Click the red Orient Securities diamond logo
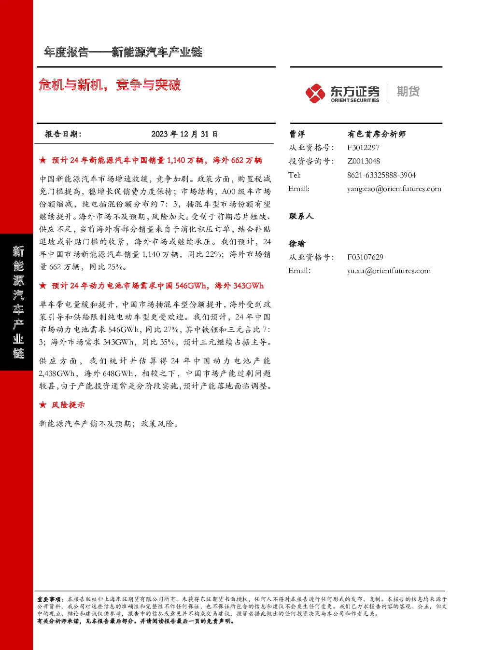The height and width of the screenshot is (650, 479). (x=315, y=94)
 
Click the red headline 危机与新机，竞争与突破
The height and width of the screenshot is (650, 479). (x=110, y=85)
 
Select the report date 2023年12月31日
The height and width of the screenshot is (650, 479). (x=184, y=134)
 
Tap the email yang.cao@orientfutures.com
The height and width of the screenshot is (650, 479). (x=394, y=189)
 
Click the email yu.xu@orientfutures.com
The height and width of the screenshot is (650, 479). (x=389, y=271)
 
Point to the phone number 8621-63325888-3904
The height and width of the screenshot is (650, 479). (x=381, y=175)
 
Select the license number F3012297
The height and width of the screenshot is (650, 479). (x=363, y=148)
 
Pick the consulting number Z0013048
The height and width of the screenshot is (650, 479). (x=364, y=161)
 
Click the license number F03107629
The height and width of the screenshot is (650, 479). (x=365, y=257)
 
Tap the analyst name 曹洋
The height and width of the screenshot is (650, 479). (x=297, y=134)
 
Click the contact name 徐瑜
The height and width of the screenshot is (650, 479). (x=297, y=244)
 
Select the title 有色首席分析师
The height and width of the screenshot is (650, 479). (x=377, y=134)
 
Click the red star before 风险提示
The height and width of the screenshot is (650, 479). (x=42, y=405)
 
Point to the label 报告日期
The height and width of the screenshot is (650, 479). (x=63, y=134)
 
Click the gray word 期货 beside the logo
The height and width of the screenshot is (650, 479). (x=408, y=91)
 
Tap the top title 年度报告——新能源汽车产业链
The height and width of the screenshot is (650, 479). (x=123, y=52)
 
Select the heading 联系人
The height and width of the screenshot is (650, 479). (x=301, y=216)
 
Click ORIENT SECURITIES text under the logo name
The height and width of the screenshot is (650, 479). (x=355, y=100)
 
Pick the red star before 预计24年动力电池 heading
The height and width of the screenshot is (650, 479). (x=42, y=286)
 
